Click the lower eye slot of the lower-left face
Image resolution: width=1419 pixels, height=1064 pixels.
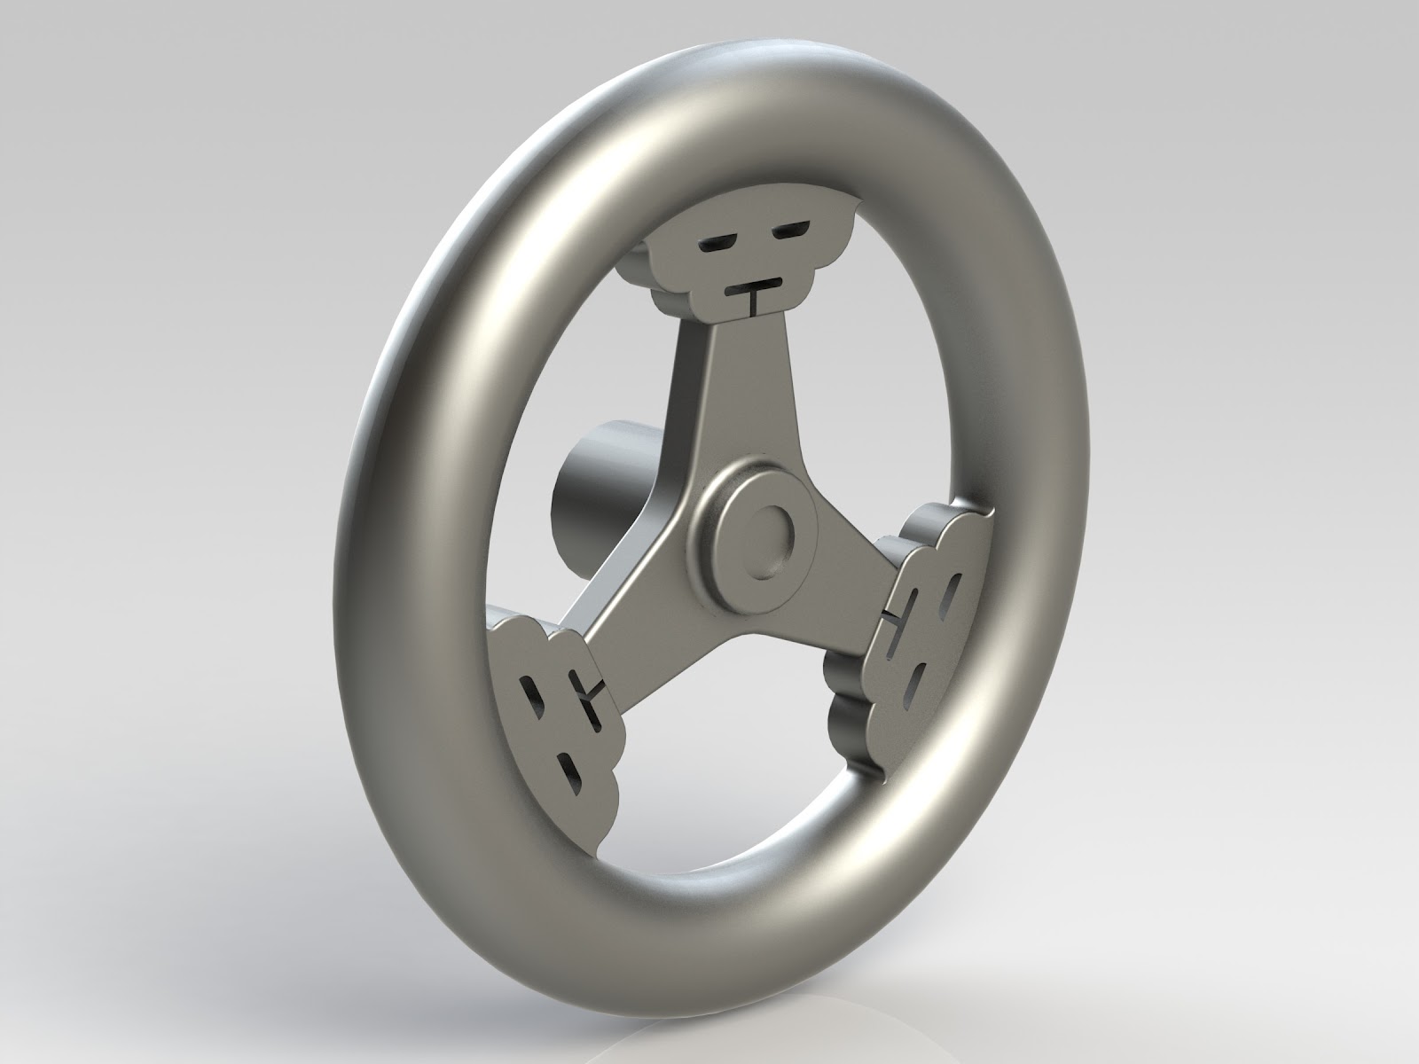[x=570, y=770]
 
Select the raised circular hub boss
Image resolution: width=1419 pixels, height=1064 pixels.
[x=759, y=532]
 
